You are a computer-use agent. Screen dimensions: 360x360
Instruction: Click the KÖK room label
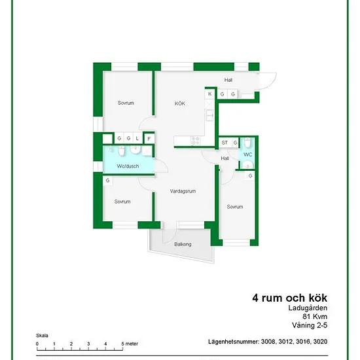coord(179,103)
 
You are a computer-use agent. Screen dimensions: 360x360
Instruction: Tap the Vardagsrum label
coord(183,191)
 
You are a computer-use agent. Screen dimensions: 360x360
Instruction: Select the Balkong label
coord(183,244)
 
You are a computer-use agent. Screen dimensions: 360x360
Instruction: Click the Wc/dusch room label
coord(128,166)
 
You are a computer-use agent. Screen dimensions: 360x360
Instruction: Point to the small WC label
coord(247,154)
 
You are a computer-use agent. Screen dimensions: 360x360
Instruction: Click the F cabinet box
coord(149,139)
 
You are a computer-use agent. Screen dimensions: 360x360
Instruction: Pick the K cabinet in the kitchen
coord(210,94)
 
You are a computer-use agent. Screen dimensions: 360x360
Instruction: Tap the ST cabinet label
coord(225,143)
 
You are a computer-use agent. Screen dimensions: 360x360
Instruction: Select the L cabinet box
coord(137,138)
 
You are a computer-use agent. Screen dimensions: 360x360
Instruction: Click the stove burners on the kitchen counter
coord(196,141)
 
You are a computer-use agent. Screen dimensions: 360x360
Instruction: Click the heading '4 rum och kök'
coord(290,298)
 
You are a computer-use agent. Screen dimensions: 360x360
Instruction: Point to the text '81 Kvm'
coord(315,316)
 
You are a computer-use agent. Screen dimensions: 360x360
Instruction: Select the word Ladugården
coord(308,308)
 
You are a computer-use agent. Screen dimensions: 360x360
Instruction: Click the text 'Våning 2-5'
coord(310,325)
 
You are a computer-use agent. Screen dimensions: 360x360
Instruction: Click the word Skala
coord(42,336)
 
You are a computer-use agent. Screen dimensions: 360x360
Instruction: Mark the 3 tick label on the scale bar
coord(88,344)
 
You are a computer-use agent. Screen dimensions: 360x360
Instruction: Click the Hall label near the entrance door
coord(228,80)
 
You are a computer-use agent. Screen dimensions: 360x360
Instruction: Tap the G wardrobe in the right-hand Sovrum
coord(250,176)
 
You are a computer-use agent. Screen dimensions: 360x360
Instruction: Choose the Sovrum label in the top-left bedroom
coord(126,103)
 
